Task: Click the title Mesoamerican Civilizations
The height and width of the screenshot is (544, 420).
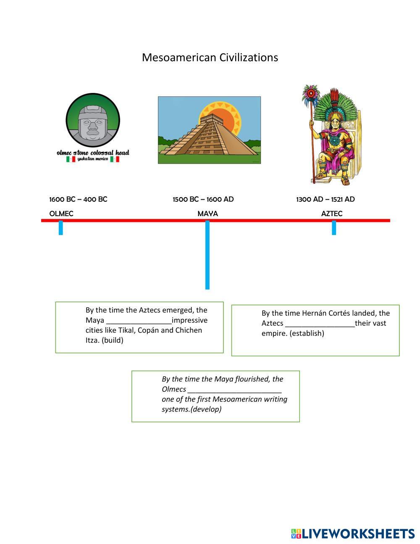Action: pyautogui.click(x=210, y=57)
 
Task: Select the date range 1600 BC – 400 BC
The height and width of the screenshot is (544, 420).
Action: pyautogui.click(x=78, y=199)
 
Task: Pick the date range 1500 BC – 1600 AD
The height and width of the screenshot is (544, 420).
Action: pyautogui.click(x=203, y=199)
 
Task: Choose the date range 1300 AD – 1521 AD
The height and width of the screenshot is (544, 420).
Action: pyautogui.click(x=325, y=199)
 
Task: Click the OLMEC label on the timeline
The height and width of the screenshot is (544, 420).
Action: pyautogui.click(x=61, y=214)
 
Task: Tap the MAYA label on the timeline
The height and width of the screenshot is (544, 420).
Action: pyautogui.click(x=207, y=214)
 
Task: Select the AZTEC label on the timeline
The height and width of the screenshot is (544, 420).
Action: pyautogui.click(x=331, y=214)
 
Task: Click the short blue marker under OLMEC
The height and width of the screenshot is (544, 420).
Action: pyautogui.click(x=61, y=228)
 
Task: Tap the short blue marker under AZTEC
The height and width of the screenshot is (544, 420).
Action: pyautogui.click(x=334, y=228)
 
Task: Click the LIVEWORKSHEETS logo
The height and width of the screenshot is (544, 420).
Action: pyautogui.click(x=352, y=533)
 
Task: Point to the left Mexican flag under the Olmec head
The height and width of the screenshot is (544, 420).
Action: pyautogui.click(x=71, y=159)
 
